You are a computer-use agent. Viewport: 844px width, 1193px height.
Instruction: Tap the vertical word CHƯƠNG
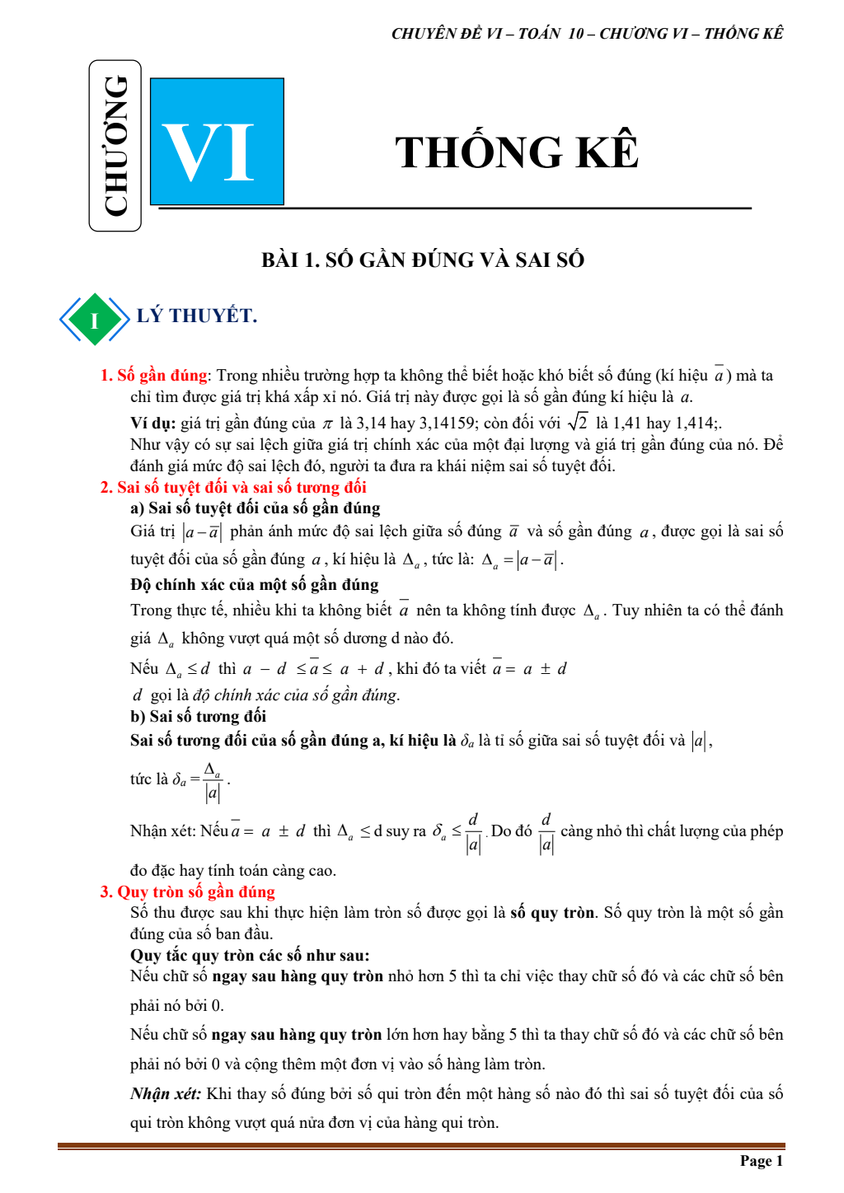[x=115, y=146]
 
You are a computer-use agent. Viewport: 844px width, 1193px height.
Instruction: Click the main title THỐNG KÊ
[x=517, y=152]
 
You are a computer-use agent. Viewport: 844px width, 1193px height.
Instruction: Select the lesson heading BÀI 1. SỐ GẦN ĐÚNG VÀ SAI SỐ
[x=422, y=260]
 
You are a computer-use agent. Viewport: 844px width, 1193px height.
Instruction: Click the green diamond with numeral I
[x=94, y=320]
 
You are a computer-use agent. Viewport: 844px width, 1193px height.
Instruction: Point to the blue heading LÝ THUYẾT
[x=197, y=316]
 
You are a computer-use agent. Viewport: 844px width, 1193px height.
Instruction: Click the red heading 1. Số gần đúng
[x=154, y=376]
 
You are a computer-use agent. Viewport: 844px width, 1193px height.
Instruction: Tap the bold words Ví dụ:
[x=153, y=423]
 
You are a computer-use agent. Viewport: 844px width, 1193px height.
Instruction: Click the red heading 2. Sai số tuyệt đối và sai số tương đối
[x=233, y=487]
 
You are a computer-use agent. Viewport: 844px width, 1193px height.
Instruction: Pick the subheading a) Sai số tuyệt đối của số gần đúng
[x=256, y=508]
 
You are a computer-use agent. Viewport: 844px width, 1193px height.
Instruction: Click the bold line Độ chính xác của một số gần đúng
[x=255, y=585]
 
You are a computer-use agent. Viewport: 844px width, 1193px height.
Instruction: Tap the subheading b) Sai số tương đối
[x=198, y=716]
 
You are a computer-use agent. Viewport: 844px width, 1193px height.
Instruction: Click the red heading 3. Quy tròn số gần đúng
[x=188, y=891]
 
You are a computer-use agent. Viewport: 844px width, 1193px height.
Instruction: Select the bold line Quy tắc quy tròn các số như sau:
[x=250, y=955]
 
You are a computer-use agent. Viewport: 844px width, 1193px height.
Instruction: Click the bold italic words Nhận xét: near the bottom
[x=166, y=1093]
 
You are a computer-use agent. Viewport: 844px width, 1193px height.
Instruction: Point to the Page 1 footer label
[x=761, y=1161]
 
